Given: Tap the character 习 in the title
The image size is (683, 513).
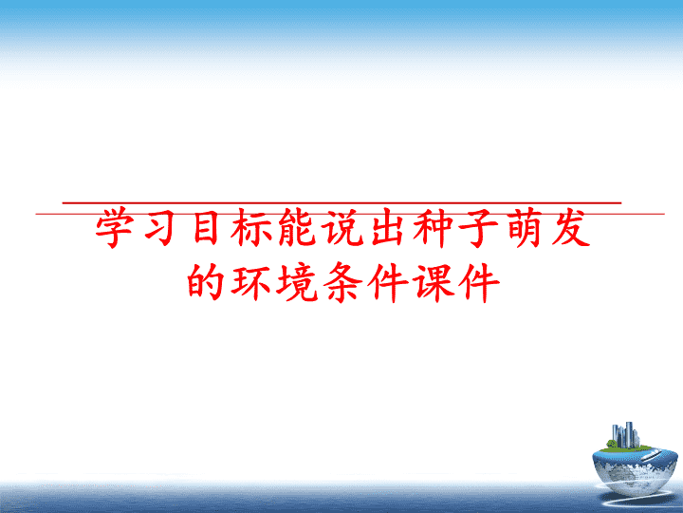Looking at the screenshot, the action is pos(160,228).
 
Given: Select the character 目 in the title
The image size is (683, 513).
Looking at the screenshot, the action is pos(206,228).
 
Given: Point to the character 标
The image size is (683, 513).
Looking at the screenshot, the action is pos(251,228).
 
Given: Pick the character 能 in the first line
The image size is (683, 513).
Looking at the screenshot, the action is pos(297,228).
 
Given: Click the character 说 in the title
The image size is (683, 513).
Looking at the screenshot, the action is pos(343,228).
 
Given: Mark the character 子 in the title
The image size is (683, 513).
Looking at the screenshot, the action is pos(479,228).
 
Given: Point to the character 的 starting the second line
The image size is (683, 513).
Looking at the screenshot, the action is pos(205,281).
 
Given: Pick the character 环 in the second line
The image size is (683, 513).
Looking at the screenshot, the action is pos(251,282).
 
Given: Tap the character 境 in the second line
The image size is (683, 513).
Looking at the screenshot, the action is pos(297,282).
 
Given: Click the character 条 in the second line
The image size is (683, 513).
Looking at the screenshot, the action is pos(343,282).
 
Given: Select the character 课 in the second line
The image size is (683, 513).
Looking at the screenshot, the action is pos(435,282).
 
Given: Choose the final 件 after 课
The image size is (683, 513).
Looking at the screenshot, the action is pos(480,282).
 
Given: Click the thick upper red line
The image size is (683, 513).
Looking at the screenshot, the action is pos(341,203).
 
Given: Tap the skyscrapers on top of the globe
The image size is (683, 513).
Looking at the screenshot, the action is pos(625,434).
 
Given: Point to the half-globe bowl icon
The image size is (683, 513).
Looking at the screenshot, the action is pos(635,470).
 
